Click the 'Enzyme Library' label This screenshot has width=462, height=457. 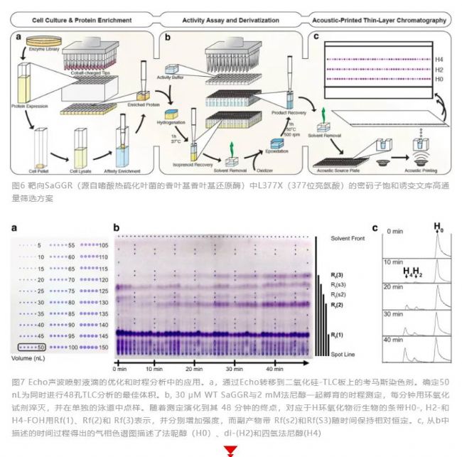[46, 47]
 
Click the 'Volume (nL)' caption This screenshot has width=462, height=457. [31, 359]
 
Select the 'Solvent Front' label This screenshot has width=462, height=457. [346, 238]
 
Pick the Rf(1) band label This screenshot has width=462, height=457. [337, 334]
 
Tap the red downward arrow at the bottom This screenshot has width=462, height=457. [231, 451]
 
